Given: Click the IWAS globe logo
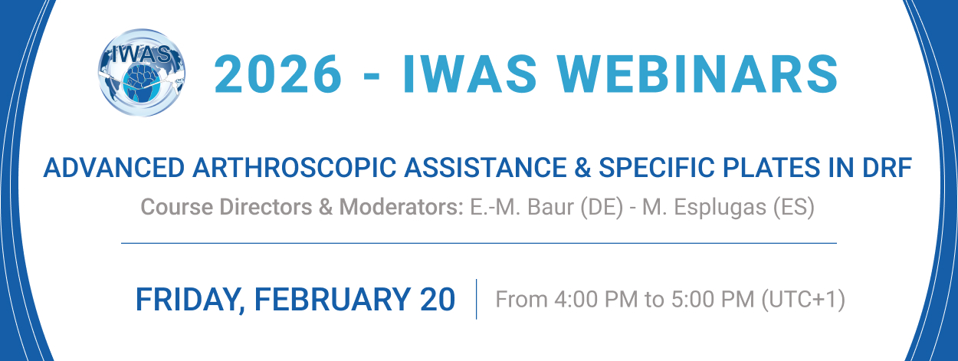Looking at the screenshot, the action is pyautogui.click(x=142, y=73).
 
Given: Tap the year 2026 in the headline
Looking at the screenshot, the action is pyautogui.click(x=278, y=74).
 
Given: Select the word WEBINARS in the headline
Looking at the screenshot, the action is pyautogui.click(x=697, y=74).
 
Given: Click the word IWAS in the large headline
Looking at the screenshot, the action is pyautogui.click(x=470, y=74).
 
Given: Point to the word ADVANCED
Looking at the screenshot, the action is pyautogui.click(x=113, y=167).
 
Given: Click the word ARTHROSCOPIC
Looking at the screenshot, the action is pyautogui.click(x=294, y=167).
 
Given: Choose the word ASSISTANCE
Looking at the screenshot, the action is pyautogui.click(x=485, y=167).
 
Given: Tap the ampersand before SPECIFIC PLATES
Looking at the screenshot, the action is pyautogui.click(x=582, y=167).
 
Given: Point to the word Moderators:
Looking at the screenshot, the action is pyautogui.click(x=401, y=207).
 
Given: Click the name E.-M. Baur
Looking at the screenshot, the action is pyautogui.click(x=522, y=207).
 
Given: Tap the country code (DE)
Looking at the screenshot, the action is pyautogui.click(x=602, y=208).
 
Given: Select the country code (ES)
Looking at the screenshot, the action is pyautogui.click(x=793, y=208).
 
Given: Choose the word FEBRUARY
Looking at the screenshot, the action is pyautogui.click(x=333, y=300).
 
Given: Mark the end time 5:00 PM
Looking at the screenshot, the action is pyautogui.click(x=713, y=299).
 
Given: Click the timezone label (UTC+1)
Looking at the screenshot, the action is pyautogui.click(x=803, y=300).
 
